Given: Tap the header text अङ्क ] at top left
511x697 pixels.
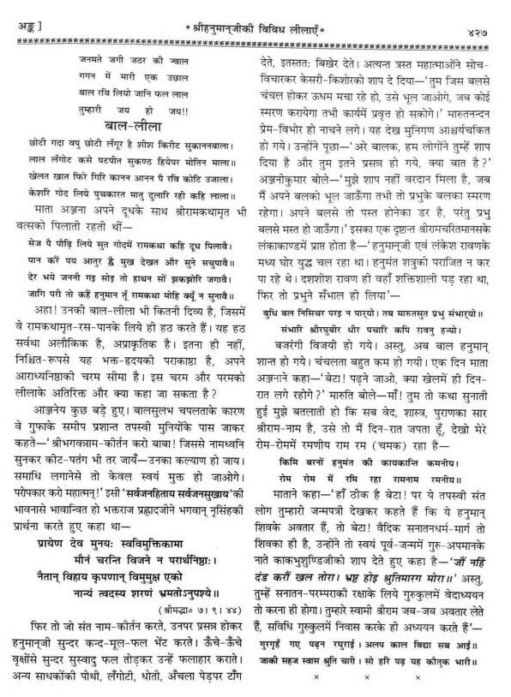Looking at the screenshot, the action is (x=18, y=9).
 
